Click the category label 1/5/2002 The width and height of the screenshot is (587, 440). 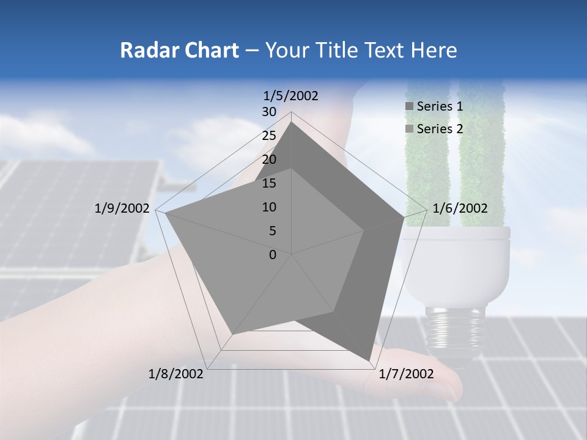290,95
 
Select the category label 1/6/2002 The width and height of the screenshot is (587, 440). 460,208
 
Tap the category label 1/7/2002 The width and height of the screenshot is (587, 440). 406,374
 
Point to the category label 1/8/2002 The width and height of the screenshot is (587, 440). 176,374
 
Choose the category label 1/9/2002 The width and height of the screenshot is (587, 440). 122,208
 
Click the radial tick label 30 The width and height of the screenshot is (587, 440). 269,112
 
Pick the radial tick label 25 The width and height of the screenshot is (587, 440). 269,136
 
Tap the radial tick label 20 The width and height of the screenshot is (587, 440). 269,159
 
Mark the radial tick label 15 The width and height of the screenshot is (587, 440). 269,183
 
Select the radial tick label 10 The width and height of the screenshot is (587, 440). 269,207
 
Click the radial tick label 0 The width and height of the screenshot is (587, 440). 273,255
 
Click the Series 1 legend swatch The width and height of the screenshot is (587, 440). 409,106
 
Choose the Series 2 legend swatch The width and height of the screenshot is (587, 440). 409,128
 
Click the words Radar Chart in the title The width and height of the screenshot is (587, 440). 179,50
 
